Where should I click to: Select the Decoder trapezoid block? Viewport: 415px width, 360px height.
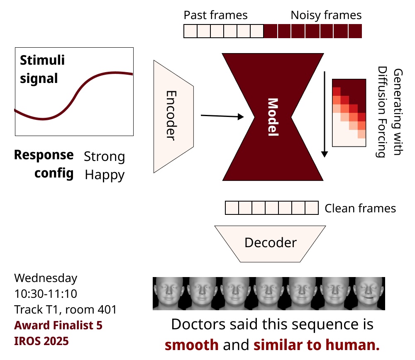[x=271, y=243]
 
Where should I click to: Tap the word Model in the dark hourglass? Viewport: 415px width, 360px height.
[x=273, y=117]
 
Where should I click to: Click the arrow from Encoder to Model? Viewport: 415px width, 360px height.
[x=222, y=117]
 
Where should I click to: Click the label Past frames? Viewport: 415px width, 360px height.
[x=215, y=15]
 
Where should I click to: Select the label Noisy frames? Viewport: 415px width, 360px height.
[x=326, y=15]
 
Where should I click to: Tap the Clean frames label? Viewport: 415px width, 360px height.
[x=360, y=208]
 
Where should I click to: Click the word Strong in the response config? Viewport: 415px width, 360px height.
[x=104, y=157]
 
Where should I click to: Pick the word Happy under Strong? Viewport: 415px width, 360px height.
[x=105, y=175]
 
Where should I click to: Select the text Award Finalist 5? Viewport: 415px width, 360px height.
[x=58, y=326]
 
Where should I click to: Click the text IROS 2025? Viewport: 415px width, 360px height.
[x=41, y=341]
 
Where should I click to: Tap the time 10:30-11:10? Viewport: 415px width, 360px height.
[x=46, y=294]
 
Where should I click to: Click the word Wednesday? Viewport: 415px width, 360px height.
[x=46, y=278]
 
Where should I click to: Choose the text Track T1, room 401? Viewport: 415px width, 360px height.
[x=65, y=309]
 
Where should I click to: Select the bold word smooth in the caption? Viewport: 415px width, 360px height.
[x=192, y=344]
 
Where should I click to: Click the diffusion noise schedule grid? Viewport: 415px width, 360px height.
[x=349, y=112]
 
